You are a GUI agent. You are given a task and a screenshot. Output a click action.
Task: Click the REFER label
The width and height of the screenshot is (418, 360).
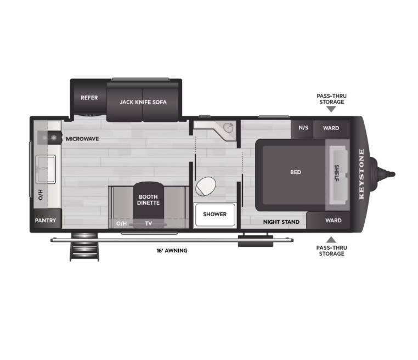click(89, 98)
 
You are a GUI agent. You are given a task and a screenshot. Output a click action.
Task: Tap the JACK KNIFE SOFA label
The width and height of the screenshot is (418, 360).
click(143, 102)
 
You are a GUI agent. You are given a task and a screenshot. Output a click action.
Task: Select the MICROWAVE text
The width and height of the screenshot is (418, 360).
click(82, 139)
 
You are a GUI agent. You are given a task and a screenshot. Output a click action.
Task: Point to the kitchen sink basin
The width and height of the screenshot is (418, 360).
click(46, 170)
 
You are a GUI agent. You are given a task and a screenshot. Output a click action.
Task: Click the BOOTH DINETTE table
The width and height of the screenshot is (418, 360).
click(149, 200)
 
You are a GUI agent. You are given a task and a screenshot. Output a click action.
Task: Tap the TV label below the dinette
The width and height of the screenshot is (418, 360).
click(149, 223)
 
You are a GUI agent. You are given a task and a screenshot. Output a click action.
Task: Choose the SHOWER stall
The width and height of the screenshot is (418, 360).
click(215, 215)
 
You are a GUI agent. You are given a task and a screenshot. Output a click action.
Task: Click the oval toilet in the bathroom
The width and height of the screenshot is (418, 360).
click(206, 186)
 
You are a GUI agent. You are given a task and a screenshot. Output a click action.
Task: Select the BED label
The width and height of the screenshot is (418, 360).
click(296, 172)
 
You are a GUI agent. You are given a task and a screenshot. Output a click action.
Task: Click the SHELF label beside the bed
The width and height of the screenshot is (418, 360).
click(337, 173)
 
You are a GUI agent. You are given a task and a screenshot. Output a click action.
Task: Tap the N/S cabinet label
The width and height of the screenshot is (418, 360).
click(303, 128)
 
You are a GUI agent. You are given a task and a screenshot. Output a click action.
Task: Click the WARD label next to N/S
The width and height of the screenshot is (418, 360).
click(331, 128)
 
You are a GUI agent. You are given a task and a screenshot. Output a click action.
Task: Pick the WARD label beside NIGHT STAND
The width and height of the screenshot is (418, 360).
click(333, 221)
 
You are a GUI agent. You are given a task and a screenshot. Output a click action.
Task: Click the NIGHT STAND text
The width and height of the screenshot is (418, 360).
click(281, 222)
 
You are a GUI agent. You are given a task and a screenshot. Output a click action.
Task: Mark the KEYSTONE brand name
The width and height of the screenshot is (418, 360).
click(361, 174)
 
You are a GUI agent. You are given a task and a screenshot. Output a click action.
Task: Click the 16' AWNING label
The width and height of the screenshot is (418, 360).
click(172, 251)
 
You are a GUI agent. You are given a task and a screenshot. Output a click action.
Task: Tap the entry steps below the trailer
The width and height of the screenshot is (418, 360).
click(84, 246)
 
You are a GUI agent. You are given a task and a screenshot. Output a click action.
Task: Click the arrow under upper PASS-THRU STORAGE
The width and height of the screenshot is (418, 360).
click(331, 109)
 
